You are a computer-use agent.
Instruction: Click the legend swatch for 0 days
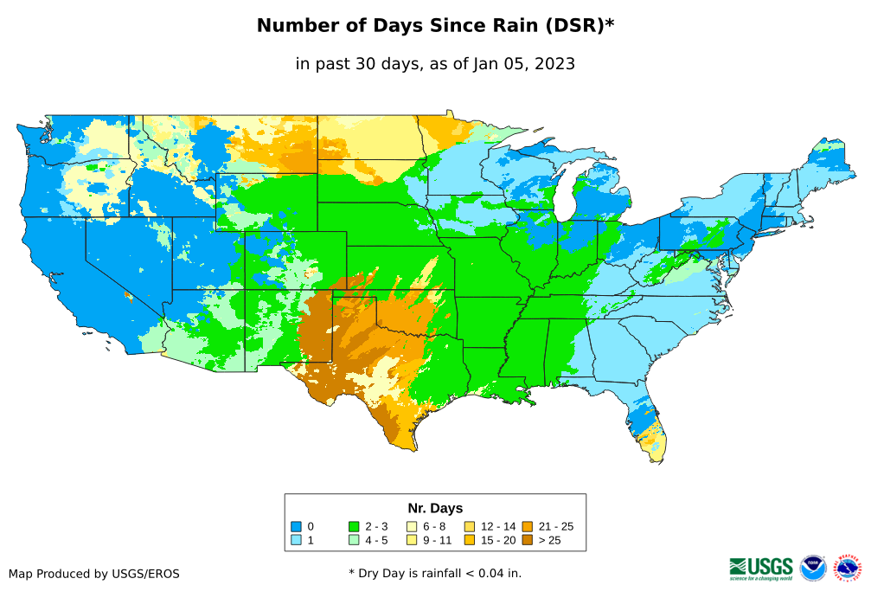pyautogui.click(x=295, y=526)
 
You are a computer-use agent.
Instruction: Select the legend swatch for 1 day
pyautogui.click(x=295, y=540)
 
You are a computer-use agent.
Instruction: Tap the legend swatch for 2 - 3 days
pyautogui.click(x=354, y=526)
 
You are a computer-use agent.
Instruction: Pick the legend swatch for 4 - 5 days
pyautogui.click(x=354, y=540)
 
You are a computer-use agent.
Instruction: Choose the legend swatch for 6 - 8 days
pyautogui.click(x=412, y=526)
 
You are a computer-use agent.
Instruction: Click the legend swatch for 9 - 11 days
pyautogui.click(x=412, y=540)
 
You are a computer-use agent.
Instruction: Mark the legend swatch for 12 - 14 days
pyautogui.click(x=470, y=526)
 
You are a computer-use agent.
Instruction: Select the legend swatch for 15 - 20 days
pyautogui.click(x=470, y=540)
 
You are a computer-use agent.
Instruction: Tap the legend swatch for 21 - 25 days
pyautogui.click(x=527, y=526)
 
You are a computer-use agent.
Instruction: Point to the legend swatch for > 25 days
pyautogui.click(x=527, y=540)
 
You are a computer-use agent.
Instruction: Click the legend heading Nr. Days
pyautogui.click(x=435, y=508)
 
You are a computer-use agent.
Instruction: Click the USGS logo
pyautogui.click(x=761, y=568)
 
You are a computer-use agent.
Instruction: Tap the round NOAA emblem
pyautogui.click(x=813, y=568)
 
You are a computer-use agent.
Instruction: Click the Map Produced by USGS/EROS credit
pyautogui.click(x=94, y=574)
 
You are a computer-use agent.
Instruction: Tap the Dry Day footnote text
pyautogui.click(x=435, y=573)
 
